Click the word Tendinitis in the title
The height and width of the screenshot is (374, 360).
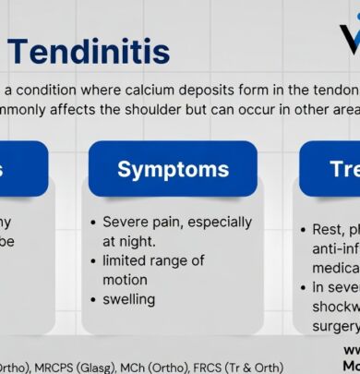tap(88, 51)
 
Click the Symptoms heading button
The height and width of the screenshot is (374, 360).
tap(173, 169)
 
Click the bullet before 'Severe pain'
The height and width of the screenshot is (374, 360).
tap(94, 223)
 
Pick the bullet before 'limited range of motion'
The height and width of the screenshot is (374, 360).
tap(94, 261)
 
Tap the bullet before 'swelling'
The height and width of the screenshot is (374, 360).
tap(94, 300)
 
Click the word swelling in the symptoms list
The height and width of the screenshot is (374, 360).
tap(129, 299)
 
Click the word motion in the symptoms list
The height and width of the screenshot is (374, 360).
tap(126, 280)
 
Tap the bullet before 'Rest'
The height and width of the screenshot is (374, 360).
tap(306, 229)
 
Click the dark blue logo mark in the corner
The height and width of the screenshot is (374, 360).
tap(346, 37)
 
